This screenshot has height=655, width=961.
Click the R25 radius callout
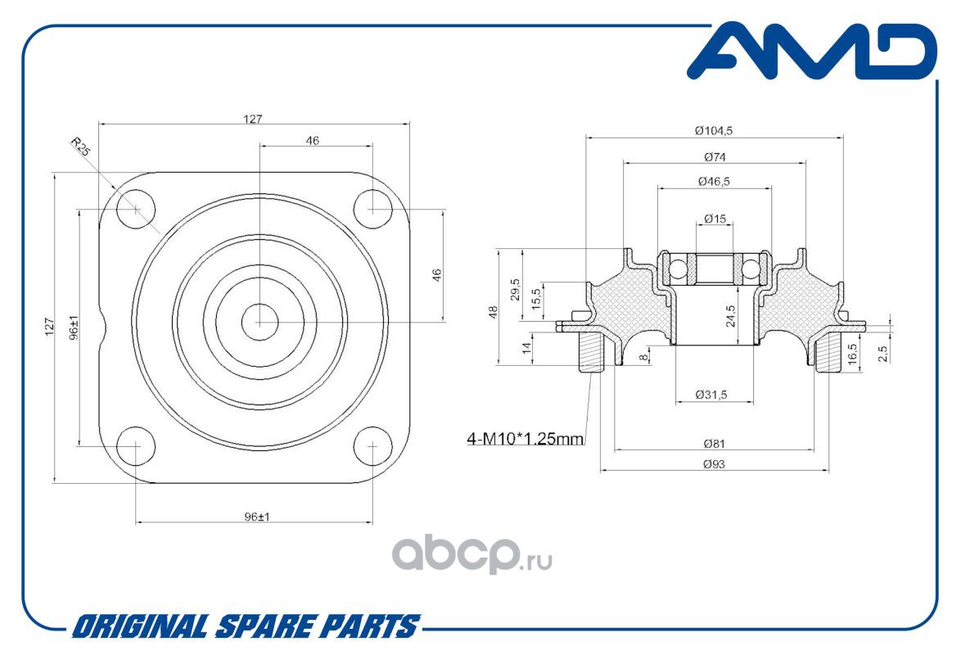pyautogui.click(x=80, y=147)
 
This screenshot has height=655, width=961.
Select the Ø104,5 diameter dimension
pyautogui.click(x=714, y=130)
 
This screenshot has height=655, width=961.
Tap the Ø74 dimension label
pyautogui.click(x=715, y=157)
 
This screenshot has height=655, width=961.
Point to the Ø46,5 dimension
pyautogui.click(x=714, y=182)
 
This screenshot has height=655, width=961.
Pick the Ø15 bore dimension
pyautogui.click(x=715, y=219)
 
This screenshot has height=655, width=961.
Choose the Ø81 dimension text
pyautogui.click(x=714, y=444)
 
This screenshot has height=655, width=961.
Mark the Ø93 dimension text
pyautogui.click(x=714, y=464)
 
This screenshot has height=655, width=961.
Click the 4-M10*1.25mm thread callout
pyautogui.click(x=526, y=439)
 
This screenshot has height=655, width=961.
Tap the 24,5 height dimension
pyautogui.click(x=730, y=315)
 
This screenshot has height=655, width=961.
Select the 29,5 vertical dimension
pyautogui.click(x=515, y=289)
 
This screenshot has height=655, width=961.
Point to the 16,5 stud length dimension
pyautogui.click(x=852, y=355)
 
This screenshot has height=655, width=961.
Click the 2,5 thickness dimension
pyautogui.click(x=882, y=354)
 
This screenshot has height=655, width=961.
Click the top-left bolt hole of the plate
pyautogui.click(x=135, y=209)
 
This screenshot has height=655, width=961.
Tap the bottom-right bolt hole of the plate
pyautogui.click(x=372, y=445)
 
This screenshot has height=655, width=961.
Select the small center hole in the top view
pyautogui.click(x=259, y=322)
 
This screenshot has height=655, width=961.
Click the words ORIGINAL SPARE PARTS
pyautogui.click(x=246, y=626)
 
